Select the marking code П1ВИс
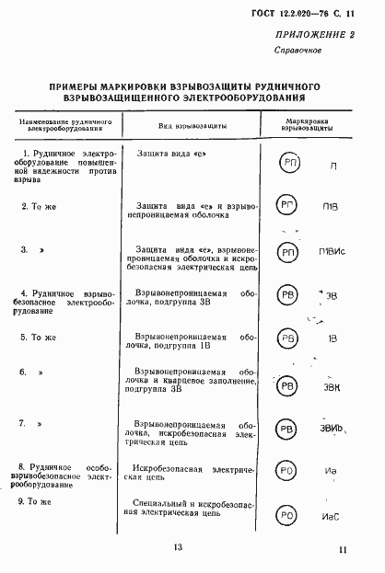[332, 252]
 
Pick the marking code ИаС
[331, 517]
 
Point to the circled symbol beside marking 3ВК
[289, 385]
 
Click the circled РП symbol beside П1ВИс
[288, 252]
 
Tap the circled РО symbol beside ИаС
[288, 515]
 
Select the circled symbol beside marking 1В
[288, 339]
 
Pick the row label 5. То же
[39, 338]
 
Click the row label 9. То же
[39, 500]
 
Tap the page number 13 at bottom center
[178, 549]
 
